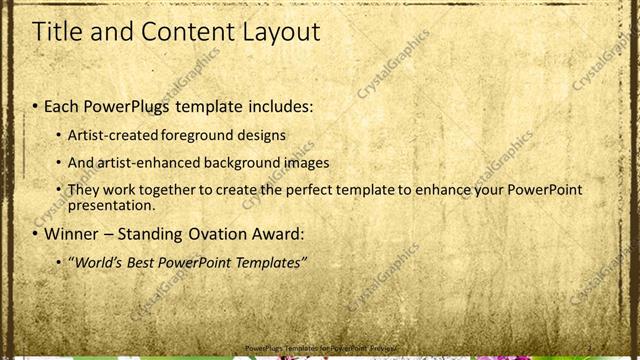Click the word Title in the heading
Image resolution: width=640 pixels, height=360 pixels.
click(x=58, y=32)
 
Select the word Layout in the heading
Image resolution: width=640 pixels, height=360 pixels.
click(x=282, y=32)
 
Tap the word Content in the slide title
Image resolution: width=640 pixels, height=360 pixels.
click(x=187, y=32)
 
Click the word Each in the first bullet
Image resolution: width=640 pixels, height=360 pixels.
click(x=62, y=106)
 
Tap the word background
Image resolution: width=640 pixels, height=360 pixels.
click(x=247, y=162)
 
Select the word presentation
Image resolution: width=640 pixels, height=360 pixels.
click(x=110, y=206)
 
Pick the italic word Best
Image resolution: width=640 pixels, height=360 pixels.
click(x=140, y=263)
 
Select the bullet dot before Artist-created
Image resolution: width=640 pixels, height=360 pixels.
click(x=57, y=134)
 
